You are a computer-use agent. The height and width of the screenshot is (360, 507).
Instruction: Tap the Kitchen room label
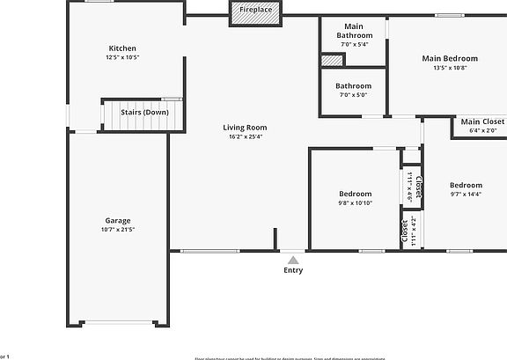122,48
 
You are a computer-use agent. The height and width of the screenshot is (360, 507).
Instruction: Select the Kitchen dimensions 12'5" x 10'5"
122,57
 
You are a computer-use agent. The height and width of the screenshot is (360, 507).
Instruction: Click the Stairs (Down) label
145,113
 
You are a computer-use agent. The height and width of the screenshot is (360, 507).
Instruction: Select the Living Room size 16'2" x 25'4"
245,136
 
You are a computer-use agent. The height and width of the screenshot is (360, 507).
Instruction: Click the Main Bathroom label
353,31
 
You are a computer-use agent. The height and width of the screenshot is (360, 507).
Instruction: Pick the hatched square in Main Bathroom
331,61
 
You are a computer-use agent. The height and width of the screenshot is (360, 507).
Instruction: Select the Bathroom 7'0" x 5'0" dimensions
353,95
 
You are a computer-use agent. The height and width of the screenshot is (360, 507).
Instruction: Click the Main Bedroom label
450,58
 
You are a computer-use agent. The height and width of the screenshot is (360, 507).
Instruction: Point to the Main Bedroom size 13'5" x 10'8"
450,68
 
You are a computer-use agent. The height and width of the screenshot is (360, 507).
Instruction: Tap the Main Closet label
482,121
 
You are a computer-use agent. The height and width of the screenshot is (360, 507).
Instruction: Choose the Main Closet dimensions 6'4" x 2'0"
482,130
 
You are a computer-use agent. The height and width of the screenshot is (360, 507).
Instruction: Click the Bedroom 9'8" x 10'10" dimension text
355,203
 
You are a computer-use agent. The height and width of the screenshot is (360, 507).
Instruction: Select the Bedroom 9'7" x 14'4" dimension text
466,195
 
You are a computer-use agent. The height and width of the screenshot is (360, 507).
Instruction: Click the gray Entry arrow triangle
293,260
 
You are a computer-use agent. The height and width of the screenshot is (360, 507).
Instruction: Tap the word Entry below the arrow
293,270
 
